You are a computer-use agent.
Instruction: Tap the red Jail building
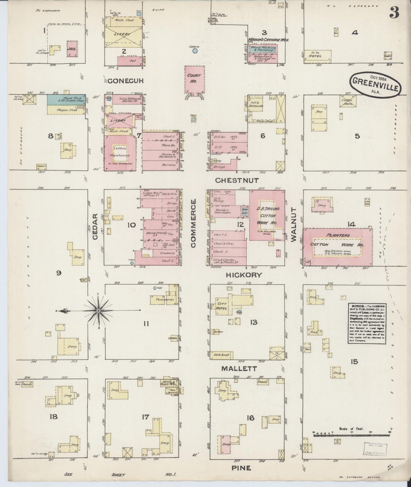(x=71, y=49)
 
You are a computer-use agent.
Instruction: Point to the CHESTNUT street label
(x=237, y=180)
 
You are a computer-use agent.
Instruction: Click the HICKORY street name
(x=244, y=275)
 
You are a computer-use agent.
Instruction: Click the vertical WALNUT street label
(x=294, y=224)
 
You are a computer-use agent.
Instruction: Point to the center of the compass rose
(x=98, y=311)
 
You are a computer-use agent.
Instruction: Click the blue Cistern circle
(x=195, y=51)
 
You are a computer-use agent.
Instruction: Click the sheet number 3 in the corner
(x=394, y=13)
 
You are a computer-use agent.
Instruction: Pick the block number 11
(x=146, y=323)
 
